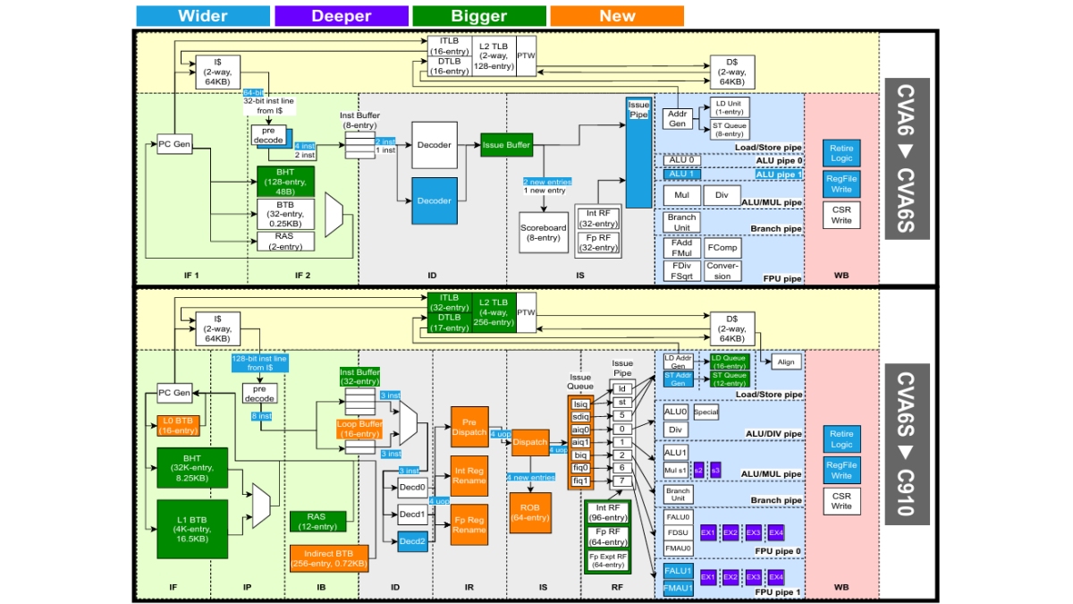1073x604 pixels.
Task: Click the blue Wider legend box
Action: pyautogui.click(x=203, y=16)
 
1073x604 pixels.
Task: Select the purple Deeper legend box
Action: pyautogui.click(x=341, y=16)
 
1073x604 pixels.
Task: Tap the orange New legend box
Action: pyautogui.click(x=617, y=16)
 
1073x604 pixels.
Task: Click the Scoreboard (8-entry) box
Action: pyautogui.click(x=544, y=233)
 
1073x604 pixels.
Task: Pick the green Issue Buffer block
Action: pyautogui.click(x=507, y=145)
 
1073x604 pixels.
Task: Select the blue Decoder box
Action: pyautogui.click(x=435, y=200)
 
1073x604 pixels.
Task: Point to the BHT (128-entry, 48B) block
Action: pyautogui.click(x=286, y=181)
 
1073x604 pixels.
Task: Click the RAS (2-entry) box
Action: pyautogui.click(x=286, y=242)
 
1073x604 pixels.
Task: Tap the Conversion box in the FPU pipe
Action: pyautogui.click(x=722, y=270)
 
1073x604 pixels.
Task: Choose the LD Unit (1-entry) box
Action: pyautogui.click(x=729, y=106)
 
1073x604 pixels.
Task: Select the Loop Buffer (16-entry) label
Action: pyautogui.click(x=359, y=429)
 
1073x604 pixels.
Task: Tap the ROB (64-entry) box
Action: pyautogui.click(x=529, y=512)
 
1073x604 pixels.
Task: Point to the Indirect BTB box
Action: pyautogui.click(x=329, y=557)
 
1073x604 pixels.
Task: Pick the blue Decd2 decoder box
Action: pyautogui.click(x=412, y=540)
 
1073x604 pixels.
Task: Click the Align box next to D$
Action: pyautogui.click(x=786, y=362)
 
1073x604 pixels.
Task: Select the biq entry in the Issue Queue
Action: pyautogui.click(x=581, y=455)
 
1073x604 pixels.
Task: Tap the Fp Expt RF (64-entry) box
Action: pyautogui.click(x=607, y=560)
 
